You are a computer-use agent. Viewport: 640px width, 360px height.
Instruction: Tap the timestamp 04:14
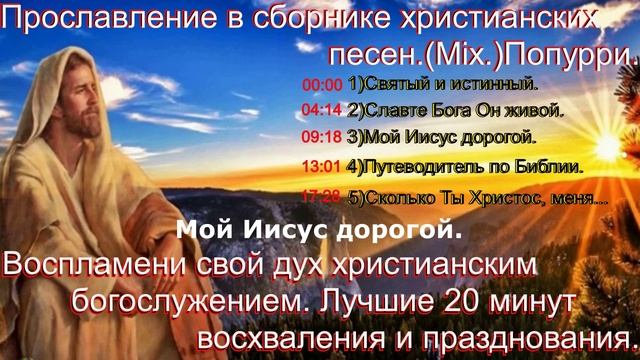[x=322, y=110]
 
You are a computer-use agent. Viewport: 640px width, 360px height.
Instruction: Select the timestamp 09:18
[x=322, y=135]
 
